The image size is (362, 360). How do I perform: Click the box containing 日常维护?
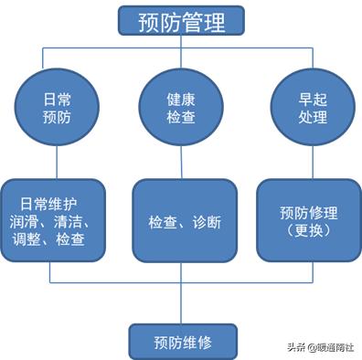(57, 220)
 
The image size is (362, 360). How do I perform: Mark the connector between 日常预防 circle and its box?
(57, 163)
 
